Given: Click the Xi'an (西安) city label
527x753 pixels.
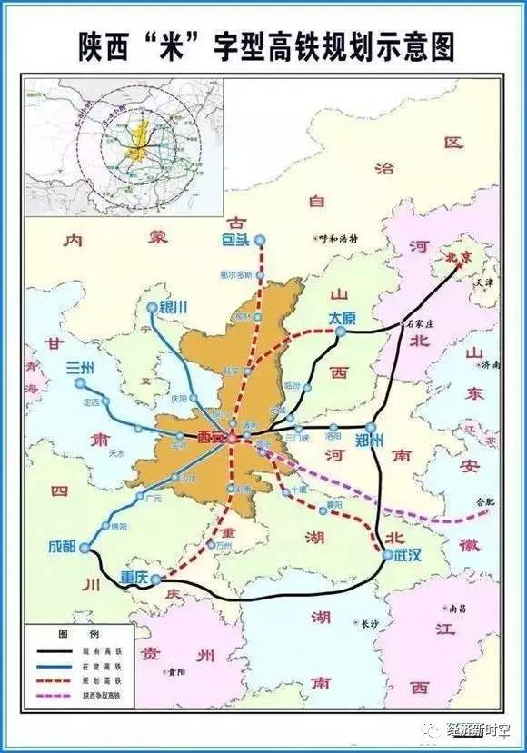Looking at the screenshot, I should (x=210, y=437).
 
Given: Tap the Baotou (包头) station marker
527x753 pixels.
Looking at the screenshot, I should (x=261, y=240).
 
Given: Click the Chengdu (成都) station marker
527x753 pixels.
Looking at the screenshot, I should (x=85, y=548).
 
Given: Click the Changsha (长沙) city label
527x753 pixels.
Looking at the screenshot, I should (x=368, y=624).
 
